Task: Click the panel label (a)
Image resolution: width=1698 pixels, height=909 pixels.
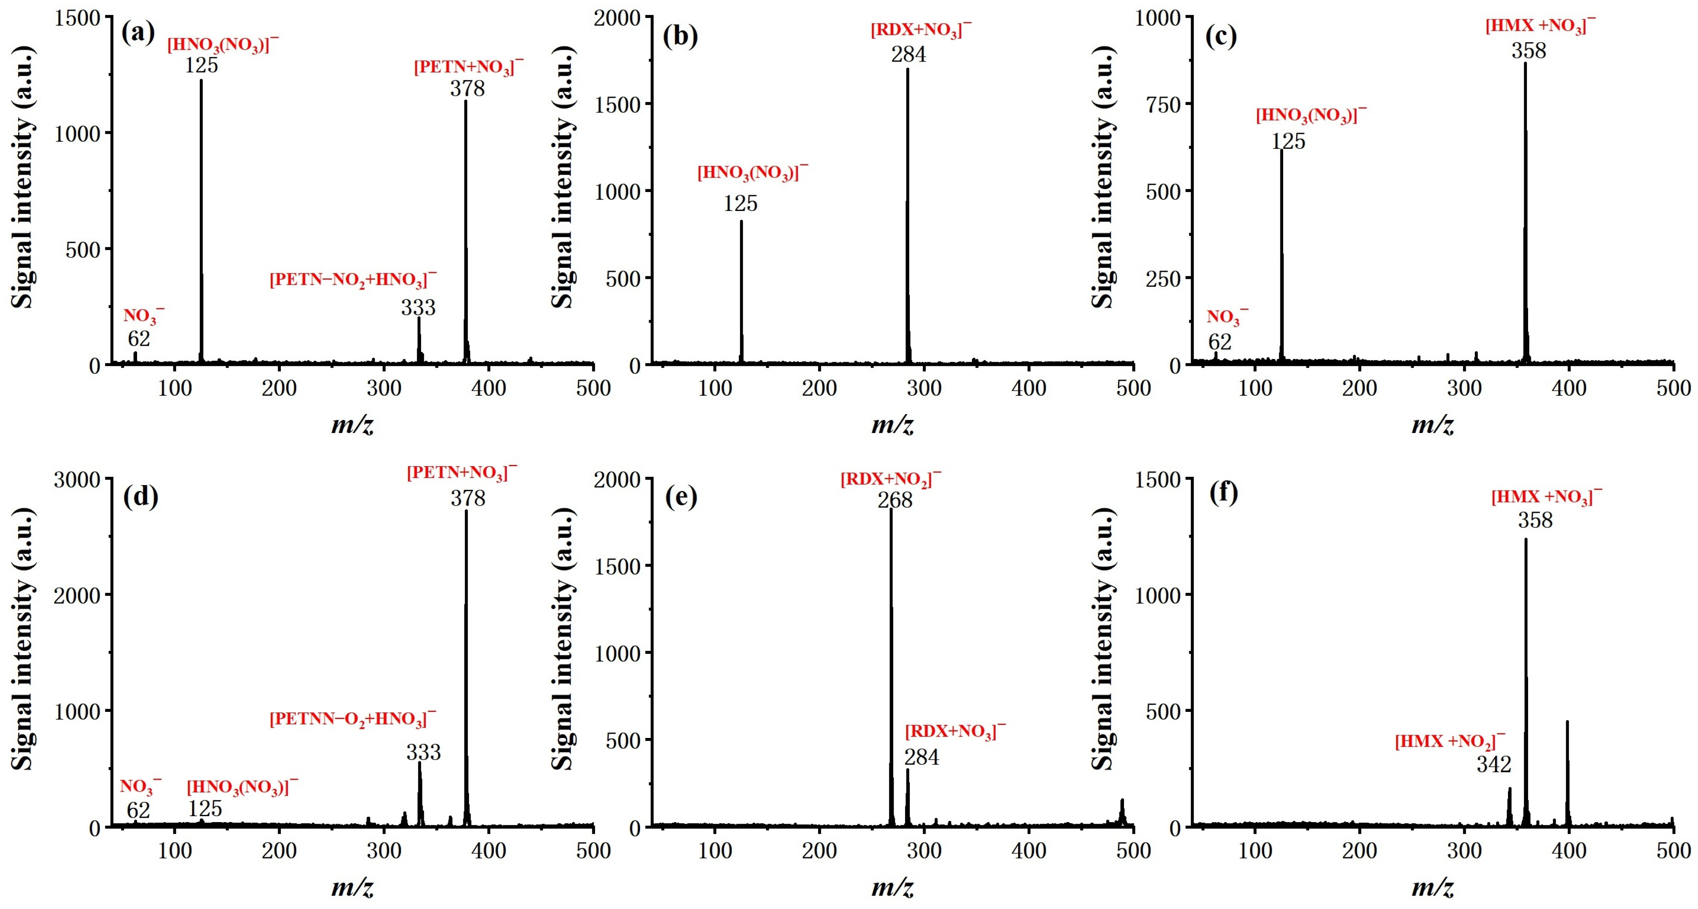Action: coord(138,32)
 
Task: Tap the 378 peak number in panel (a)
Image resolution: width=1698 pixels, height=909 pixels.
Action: coord(467,88)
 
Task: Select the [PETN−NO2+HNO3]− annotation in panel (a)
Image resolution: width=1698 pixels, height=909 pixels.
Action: coord(353,279)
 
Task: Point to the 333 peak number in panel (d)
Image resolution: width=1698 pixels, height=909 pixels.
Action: coord(423,752)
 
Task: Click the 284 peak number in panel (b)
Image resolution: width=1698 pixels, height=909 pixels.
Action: coord(908,54)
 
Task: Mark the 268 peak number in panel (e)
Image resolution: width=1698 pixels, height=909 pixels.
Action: coord(894,500)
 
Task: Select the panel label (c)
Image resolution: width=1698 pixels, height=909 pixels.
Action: coord(1221,36)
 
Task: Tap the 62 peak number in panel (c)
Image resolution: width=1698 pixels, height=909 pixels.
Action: coord(1220,342)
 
